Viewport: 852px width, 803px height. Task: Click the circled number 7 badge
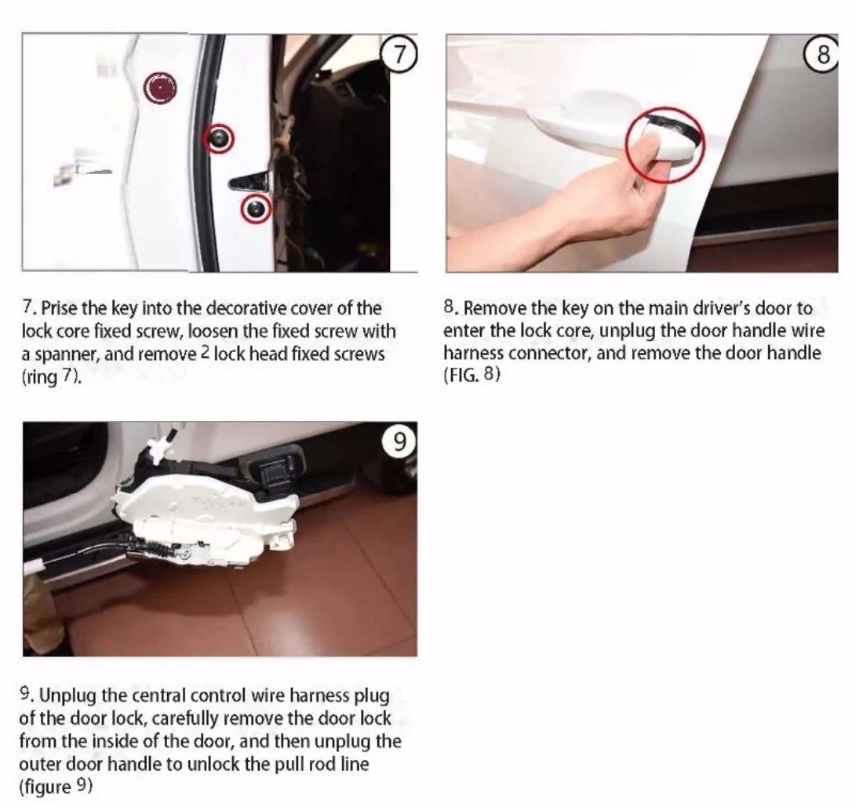399,55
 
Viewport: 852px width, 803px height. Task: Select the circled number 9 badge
399,441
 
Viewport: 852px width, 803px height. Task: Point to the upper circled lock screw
218,139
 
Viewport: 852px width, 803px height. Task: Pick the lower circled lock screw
256,209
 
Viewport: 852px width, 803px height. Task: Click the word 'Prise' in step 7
59,308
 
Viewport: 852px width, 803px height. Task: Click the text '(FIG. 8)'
472,375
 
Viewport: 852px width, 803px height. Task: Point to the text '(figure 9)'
56,787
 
